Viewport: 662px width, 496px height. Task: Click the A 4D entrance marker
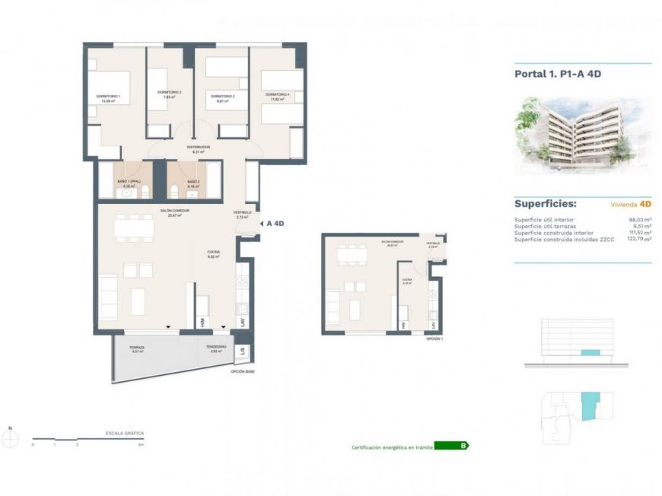coord(275,224)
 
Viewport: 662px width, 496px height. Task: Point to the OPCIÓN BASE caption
coord(243,371)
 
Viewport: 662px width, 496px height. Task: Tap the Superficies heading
coord(545,204)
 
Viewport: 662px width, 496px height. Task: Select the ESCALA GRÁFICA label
coord(125,433)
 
